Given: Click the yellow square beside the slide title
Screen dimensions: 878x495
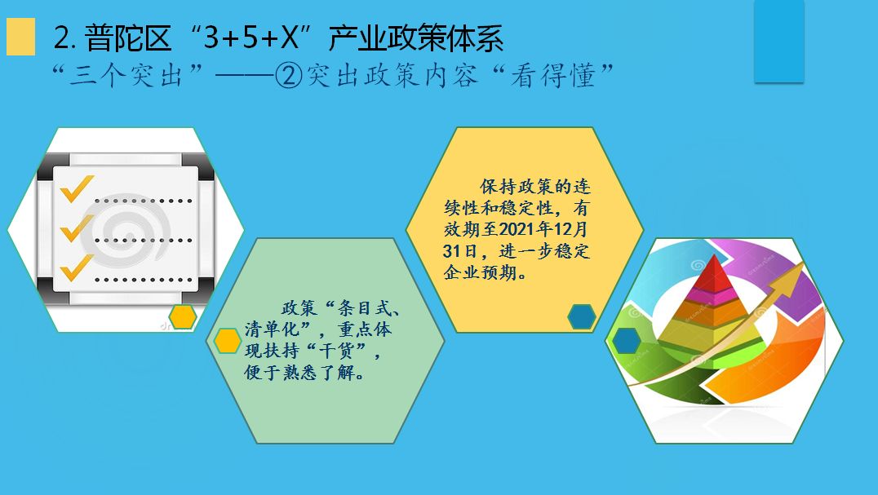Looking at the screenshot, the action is [x=20, y=37].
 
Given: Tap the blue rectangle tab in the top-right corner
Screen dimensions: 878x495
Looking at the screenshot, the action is [x=779, y=42].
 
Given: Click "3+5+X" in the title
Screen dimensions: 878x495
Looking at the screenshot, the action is [x=257, y=38].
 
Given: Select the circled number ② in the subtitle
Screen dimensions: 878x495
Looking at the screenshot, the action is [x=290, y=76].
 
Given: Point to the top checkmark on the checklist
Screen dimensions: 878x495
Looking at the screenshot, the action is [x=77, y=188].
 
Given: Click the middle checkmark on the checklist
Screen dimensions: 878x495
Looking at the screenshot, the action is [x=77, y=228].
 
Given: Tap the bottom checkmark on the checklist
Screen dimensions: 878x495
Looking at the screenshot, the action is [x=77, y=268].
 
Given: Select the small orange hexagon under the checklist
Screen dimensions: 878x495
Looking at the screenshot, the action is [x=183, y=317].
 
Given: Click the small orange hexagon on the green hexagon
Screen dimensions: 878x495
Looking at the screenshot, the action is [x=228, y=341].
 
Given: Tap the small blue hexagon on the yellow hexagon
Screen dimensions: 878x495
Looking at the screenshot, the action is [x=581, y=317].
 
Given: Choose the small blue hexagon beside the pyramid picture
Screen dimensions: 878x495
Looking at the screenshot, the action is [x=626, y=341].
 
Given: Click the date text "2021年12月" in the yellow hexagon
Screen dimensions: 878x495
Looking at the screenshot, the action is [x=542, y=229].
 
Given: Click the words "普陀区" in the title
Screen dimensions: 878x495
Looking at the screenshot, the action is [x=127, y=38].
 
